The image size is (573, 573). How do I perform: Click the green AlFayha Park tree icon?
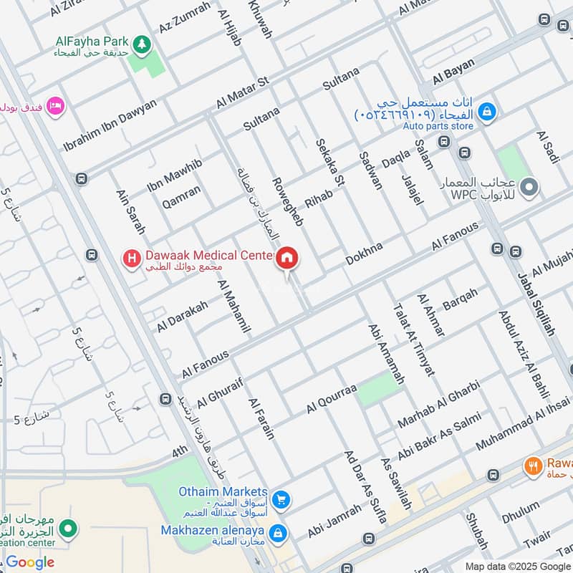coord(142,44)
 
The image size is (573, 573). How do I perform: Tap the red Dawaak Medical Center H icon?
coord(131,257)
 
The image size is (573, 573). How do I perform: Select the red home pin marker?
coord(287,259)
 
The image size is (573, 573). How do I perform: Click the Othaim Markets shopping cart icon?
coord(281,499)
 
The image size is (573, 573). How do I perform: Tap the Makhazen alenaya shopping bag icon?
coord(279,534)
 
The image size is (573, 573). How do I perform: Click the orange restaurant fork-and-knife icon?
coord(532,465)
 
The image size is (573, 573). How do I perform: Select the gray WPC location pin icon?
coord(529,188)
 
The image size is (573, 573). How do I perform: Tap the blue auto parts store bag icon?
coord(487,112)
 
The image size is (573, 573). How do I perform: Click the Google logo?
coord(31,562)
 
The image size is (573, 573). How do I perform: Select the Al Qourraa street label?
coord(331,398)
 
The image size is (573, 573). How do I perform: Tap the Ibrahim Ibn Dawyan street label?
coord(110,123)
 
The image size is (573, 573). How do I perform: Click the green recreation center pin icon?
coord(68,529)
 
